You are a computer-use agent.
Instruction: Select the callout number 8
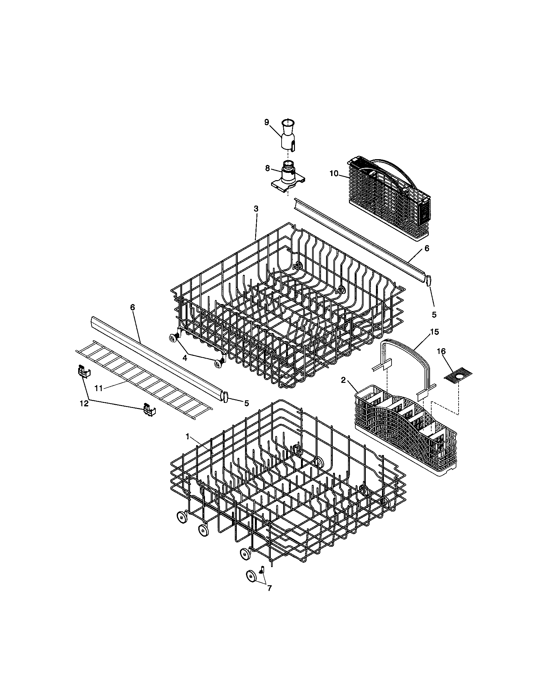268,169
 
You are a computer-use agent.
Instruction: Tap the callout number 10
333,173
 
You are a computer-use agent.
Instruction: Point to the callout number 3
256,209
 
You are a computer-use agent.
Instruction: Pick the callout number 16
441,351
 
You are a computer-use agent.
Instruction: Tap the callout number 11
99,388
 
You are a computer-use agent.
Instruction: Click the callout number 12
84,404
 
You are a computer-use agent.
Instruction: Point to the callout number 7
269,588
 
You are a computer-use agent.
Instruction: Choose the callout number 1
188,437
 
